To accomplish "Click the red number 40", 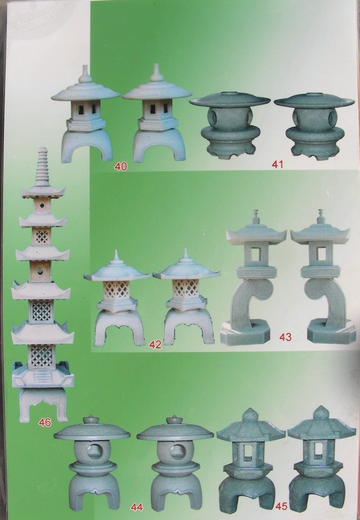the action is click(x=121, y=166).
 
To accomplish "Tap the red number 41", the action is click(x=277, y=164).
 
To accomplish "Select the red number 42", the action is click(x=155, y=344).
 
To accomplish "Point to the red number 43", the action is click(x=285, y=337).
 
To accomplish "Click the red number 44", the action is click(x=137, y=507).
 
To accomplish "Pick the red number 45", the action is click(x=281, y=506).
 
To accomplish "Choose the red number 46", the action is click(x=45, y=422).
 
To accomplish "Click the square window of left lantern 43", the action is click(x=256, y=254).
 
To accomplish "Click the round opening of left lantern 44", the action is click(x=95, y=452).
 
